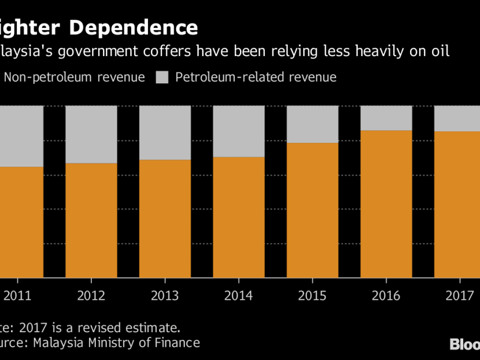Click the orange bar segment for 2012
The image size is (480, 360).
click(x=91, y=221)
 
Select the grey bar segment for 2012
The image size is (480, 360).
click(x=91, y=134)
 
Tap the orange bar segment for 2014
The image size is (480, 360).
click(x=239, y=218)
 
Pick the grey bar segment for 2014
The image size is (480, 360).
click(x=239, y=131)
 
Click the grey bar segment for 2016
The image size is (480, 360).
click(x=386, y=118)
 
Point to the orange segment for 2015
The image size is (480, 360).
click(x=312, y=210)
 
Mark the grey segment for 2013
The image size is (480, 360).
click(x=165, y=133)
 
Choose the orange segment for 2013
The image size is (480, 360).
click(x=165, y=219)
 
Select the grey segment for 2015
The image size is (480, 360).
click(x=312, y=124)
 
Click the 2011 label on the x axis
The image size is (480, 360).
click(x=17, y=296)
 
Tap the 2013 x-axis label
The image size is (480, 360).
click(x=165, y=296)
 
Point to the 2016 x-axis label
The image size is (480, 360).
click(x=386, y=296)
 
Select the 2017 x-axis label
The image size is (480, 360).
click(x=460, y=296)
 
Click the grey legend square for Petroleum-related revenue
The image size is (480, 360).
click(x=163, y=78)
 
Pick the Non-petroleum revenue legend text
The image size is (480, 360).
click(x=74, y=78)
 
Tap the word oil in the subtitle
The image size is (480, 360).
click(x=441, y=52)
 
